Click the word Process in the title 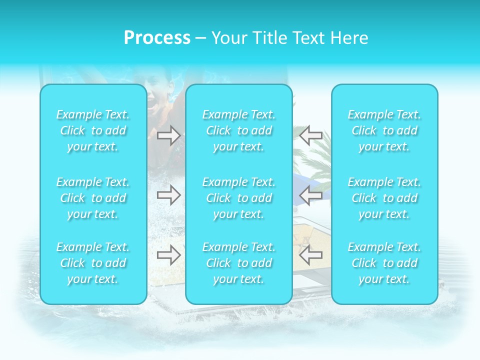156,38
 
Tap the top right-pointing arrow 169,136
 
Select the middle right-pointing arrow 169,195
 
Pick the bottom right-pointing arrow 169,255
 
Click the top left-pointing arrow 310,136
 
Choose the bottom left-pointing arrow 310,255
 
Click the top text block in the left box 93,130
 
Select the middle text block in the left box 93,198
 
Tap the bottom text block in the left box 93,263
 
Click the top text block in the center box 239,130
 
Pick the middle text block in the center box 239,198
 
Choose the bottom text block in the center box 239,263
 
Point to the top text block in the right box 384,130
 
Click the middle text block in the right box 384,198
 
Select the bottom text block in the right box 384,263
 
